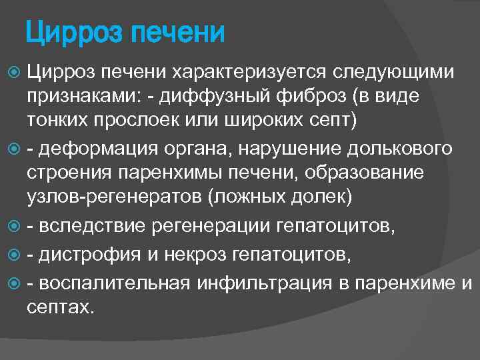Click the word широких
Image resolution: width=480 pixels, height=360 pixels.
pos(265,122)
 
